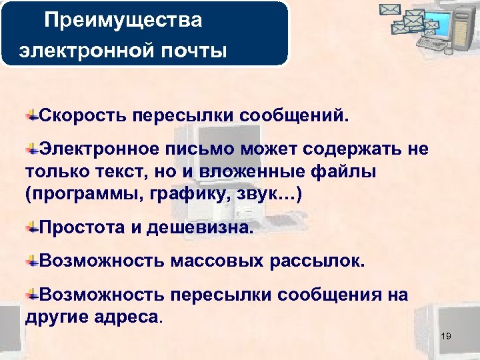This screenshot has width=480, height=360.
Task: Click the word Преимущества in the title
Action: (x=123, y=20)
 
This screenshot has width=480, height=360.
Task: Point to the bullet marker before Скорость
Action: (x=31, y=116)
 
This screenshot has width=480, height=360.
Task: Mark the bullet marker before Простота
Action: (x=31, y=229)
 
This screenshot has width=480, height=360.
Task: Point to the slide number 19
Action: (x=445, y=336)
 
